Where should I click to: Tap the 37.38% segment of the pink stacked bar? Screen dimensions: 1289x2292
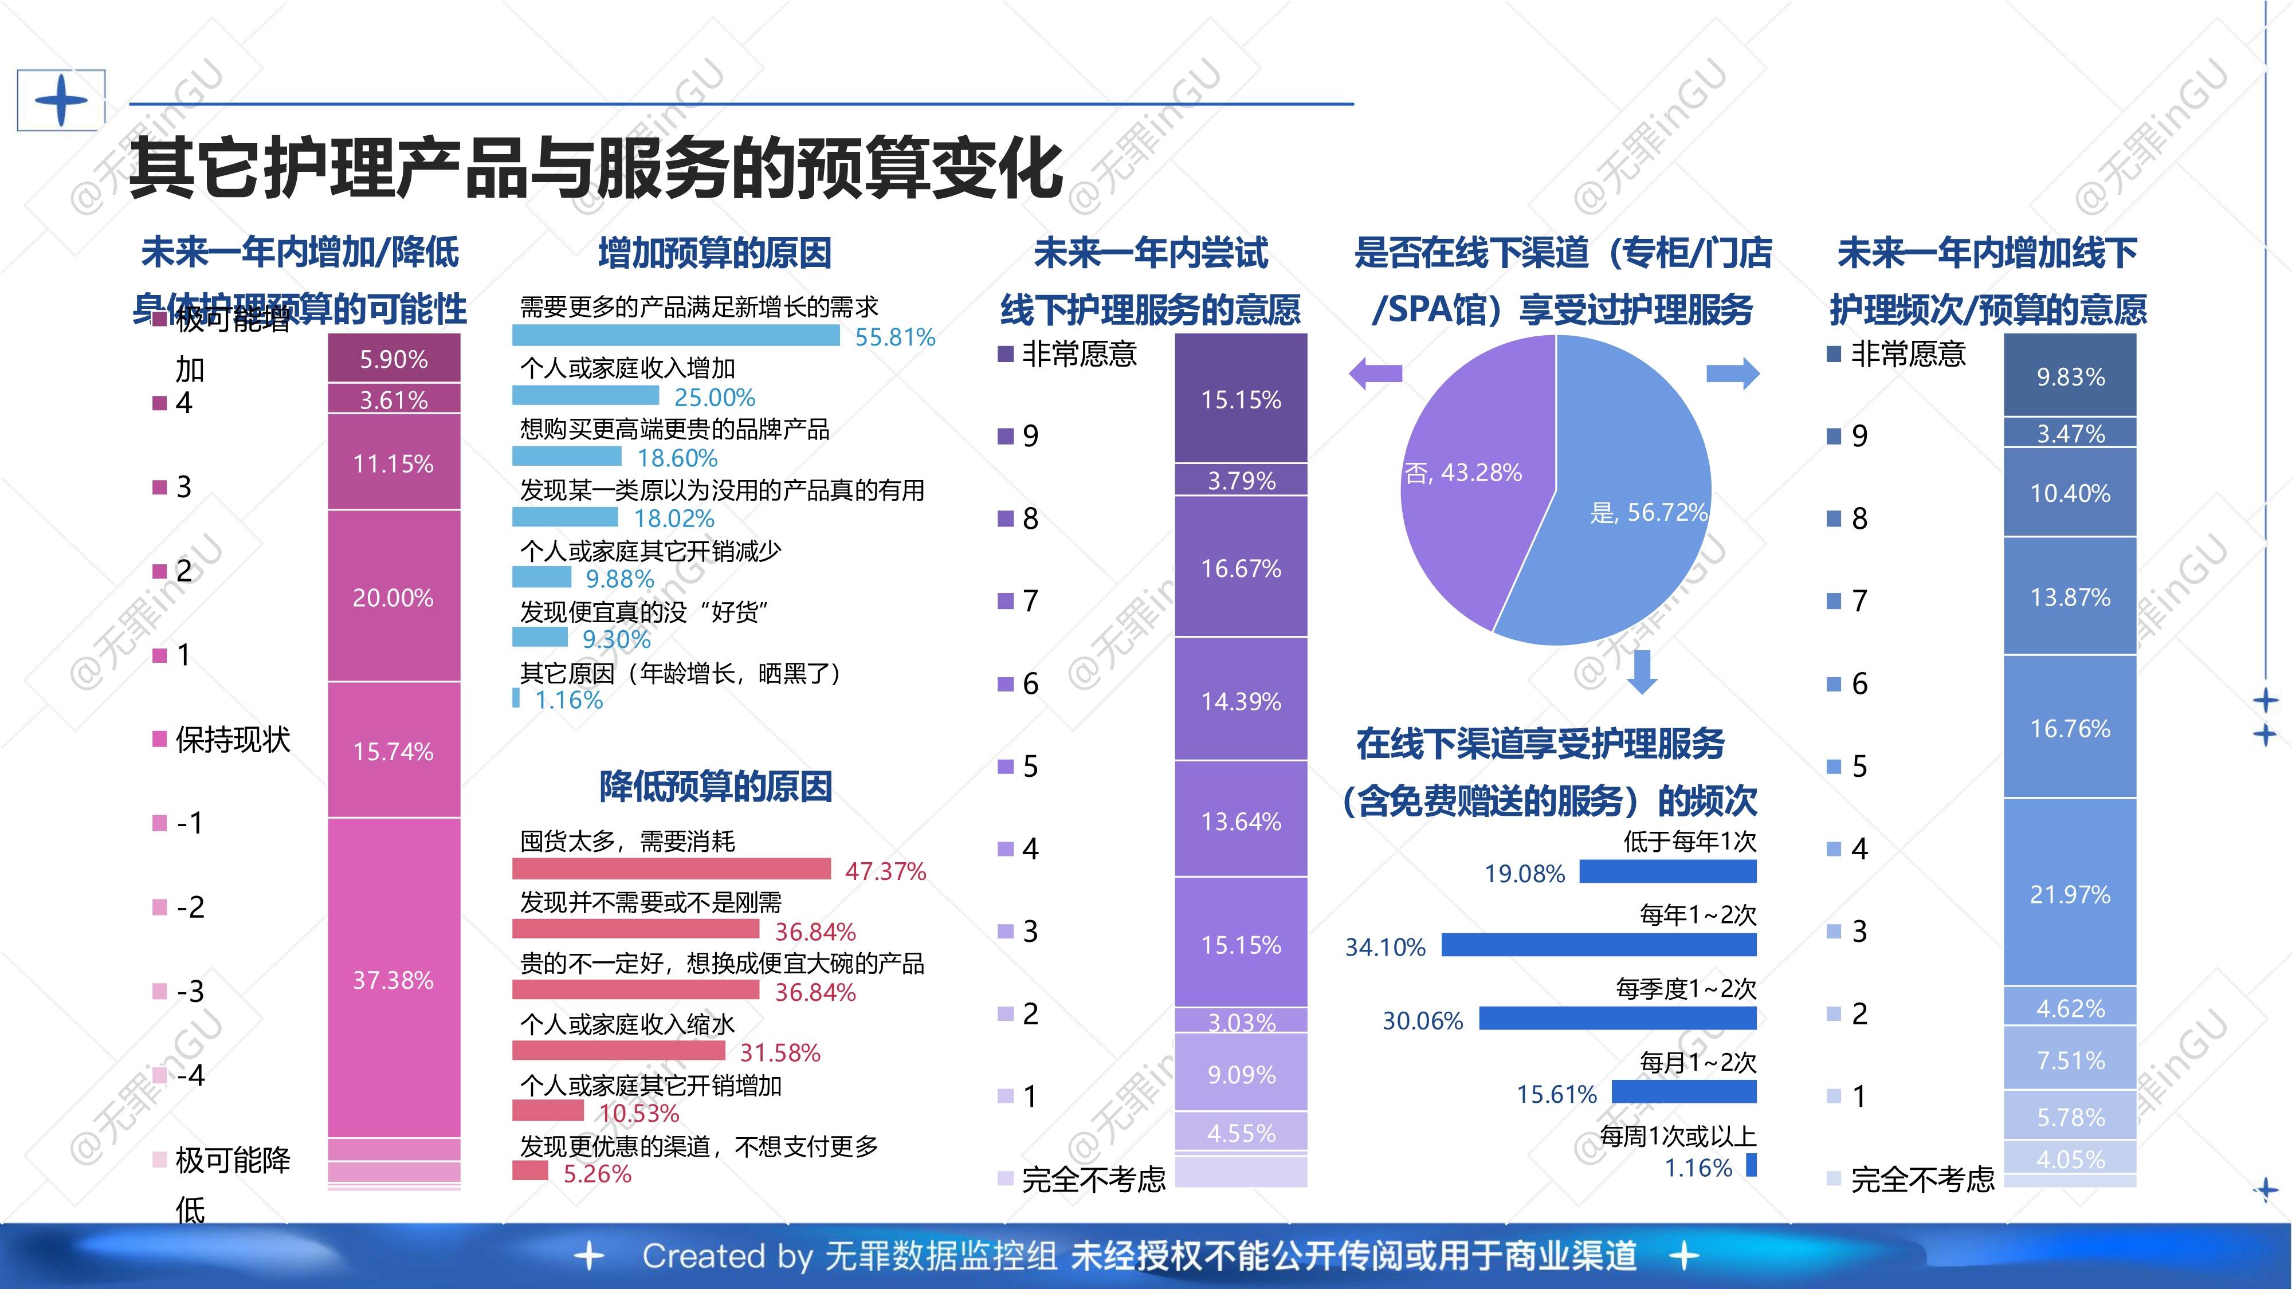pyautogui.click(x=393, y=978)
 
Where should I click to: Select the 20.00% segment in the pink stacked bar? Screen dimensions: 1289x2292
pyautogui.click(x=393, y=596)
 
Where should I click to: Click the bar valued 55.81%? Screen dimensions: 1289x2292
pyautogui.click(x=676, y=335)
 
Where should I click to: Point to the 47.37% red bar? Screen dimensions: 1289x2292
pyautogui.click(x=671, y=868)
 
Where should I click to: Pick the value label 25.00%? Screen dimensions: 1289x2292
pyautogui.click(x=715, y=397)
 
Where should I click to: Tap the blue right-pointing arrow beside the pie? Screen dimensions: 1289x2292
pyautogui.click(x=1732, y=373)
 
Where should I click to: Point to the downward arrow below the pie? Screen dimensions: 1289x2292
pyautogui.click(x=1642, y=671)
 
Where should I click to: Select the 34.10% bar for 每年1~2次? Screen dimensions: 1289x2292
pyautogui.click(x=1598, y=945)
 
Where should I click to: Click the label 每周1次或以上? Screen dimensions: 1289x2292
pyautogui.click(x=1677, y=1136)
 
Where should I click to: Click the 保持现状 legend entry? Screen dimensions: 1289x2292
pyautogui.click(x=222, y=739)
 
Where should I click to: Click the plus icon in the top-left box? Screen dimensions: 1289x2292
pyautogui.click(x=61, y=100)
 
